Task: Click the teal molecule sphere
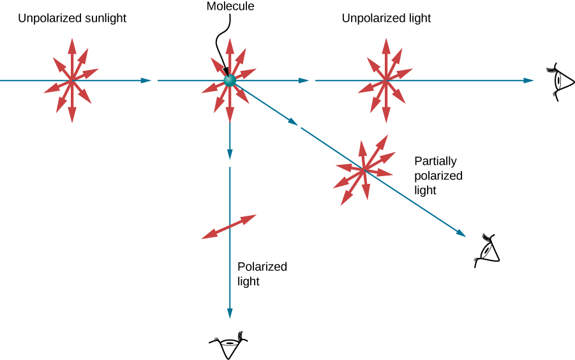(x=230, y=80)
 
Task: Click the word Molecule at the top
(x=230, y=6)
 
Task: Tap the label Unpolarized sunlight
(x=72, y=19)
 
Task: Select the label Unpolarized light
(x=386, y=19)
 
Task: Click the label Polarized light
(x=262, y=274)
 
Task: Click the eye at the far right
(x=560, y=81)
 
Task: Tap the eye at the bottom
(x=228, y=345)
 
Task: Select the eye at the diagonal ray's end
(x=488, y=250)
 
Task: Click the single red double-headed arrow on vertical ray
(x=229, y=227)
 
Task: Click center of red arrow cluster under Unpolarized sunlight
(x=71, y=80)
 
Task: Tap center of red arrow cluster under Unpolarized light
(x=385, y=80)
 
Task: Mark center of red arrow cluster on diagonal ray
(x=364, y=170)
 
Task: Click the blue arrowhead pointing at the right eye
(x=528, y=80)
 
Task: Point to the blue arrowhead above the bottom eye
(x=229, y=313)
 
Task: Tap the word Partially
(x=435, y=161)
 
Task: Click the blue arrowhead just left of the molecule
(x=146, y=80)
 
